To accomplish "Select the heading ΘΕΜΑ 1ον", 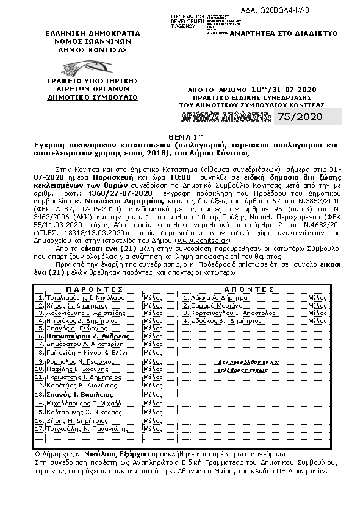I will (x=181, y=138).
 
